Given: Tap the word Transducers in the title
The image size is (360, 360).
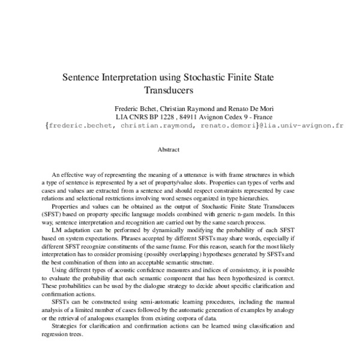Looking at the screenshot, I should pos(167,92).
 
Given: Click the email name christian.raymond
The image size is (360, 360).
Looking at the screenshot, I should pos(166,127).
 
